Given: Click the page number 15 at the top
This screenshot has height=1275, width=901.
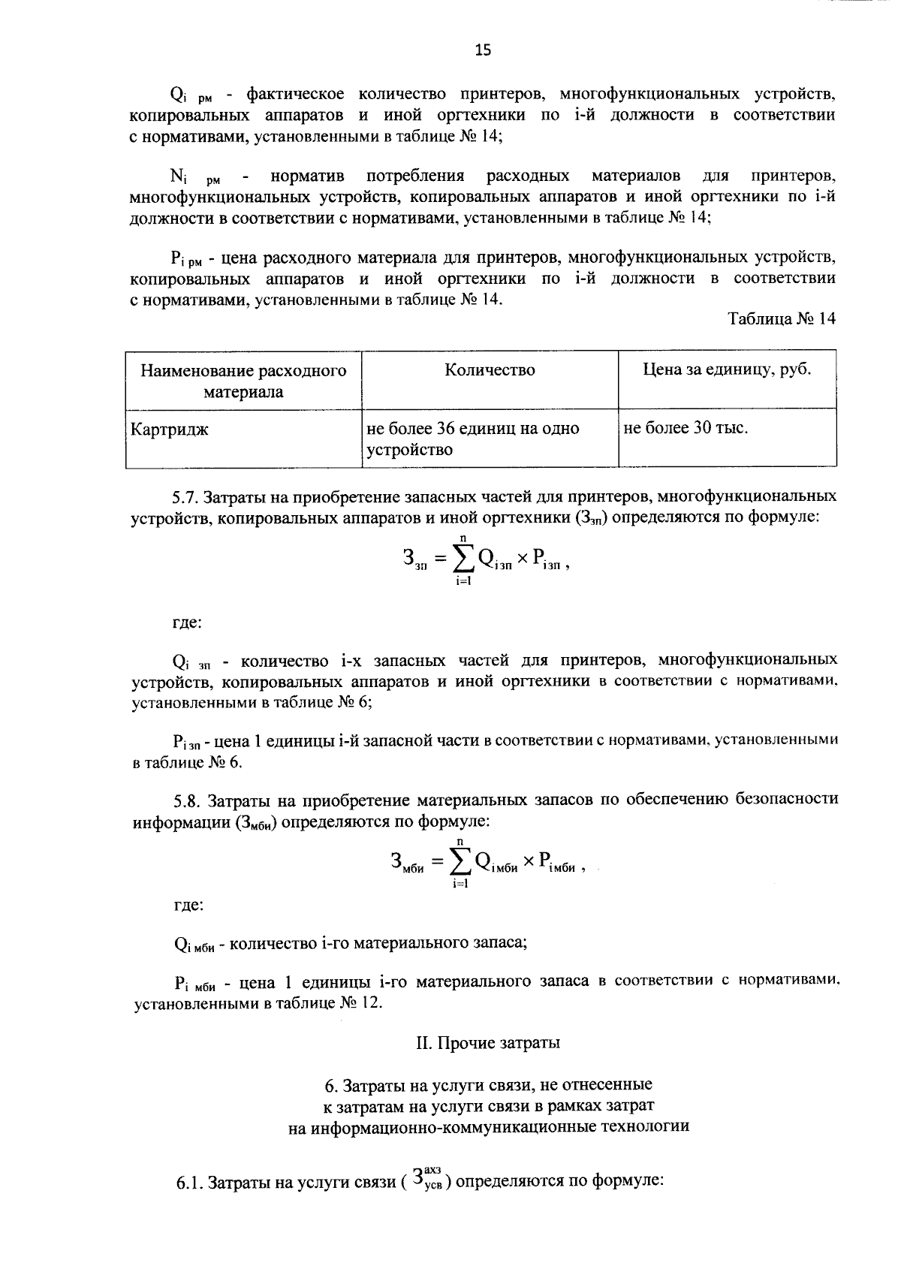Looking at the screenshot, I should pyautogui.click(x=482, y=50).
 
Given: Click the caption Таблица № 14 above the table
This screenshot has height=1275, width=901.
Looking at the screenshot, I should pyautogui.click(x=782, y=319).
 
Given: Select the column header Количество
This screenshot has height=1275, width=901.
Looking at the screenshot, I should pyautogui.click(x=490, y=370).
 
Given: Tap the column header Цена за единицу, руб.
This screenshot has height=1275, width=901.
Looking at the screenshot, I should pyautogui.click(x=727, y=370).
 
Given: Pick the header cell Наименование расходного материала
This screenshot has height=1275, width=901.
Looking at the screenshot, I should pyautogui.click(x=243, y=381).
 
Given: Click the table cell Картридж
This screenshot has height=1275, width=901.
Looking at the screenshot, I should pyautogui.click(x=170, y=430).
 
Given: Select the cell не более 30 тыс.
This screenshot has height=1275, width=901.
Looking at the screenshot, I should pyautogui.click(x=686, y=429).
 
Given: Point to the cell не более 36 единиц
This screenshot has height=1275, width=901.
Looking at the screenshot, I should pyautogui.click(x=472, y=439).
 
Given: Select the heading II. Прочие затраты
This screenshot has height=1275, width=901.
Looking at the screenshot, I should pyautogui.click(x=488, y=1043).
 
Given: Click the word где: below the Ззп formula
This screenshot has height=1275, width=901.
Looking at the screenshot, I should pyautogui.click(x=185, y=622).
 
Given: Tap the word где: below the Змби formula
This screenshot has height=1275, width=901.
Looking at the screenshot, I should pyautogui.click(x=187, y=906).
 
